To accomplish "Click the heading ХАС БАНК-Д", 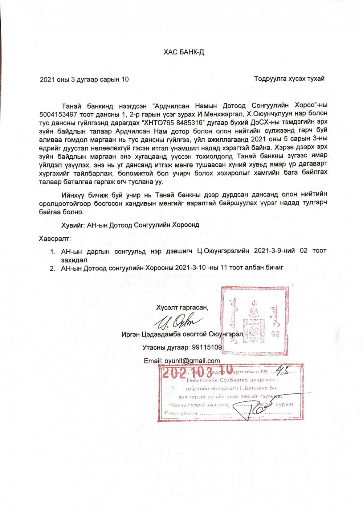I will pos(184,52).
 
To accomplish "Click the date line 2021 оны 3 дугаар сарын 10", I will pos(84,80).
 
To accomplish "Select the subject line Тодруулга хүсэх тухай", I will pos(289,79).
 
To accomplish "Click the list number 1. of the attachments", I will pos(53,251).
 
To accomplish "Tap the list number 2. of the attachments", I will pos(53,268).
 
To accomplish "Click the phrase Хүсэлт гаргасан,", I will pos(182,308).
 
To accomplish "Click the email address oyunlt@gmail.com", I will pos(192,361).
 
